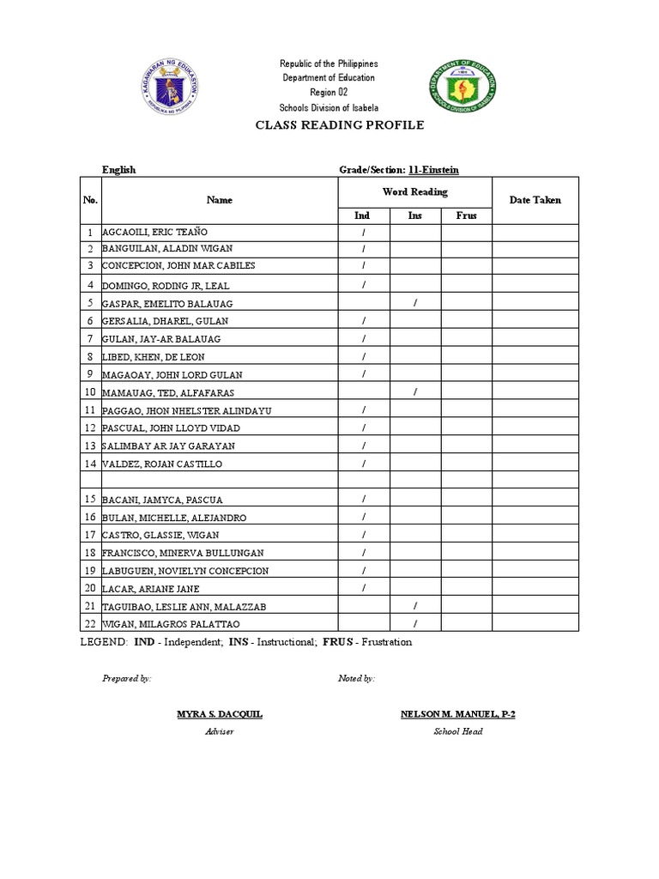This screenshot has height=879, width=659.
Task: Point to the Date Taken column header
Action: coord(535,200)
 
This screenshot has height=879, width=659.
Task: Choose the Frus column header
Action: coord(466,215)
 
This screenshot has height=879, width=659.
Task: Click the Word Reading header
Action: coord(414,192)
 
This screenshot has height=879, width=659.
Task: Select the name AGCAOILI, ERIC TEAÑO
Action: coord(154,233)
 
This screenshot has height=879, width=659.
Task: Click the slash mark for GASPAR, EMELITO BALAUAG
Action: coord(415,303)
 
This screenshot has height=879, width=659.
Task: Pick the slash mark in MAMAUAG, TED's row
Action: coord(415,392)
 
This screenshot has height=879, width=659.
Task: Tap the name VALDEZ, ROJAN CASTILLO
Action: coord(162,464)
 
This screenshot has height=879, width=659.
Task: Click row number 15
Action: coord(90,499)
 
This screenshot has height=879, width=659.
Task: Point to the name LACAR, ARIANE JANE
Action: coord(150,588)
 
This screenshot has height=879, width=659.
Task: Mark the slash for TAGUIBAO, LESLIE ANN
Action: coord(415,606)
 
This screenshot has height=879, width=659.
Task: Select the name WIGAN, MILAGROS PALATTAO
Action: coord(172,624)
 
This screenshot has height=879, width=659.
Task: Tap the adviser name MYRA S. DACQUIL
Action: coord(220,714)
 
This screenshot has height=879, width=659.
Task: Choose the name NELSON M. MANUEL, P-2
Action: coord(457,714)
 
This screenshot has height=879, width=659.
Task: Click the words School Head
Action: coord(457,731)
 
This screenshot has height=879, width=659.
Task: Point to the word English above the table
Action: coord(119,170)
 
